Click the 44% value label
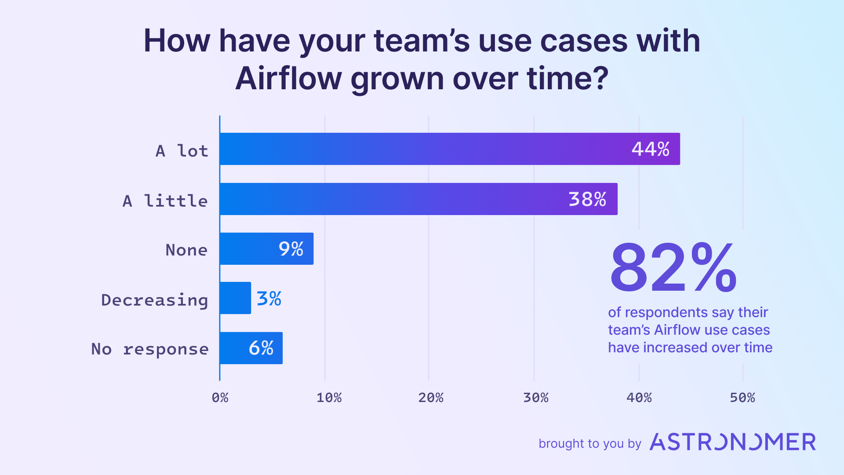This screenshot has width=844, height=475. [x=650, y=149]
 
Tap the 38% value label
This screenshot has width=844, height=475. [x=587, y=199]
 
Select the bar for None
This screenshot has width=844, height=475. [x=266, y=249]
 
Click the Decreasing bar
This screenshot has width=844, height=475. [x=235, y=298]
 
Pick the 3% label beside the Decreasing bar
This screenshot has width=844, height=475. [x=269, y=299]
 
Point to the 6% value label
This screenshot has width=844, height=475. [x=261, y=348]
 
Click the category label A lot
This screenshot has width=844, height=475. [x=182, y=151]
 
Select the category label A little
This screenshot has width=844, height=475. [x=165, y=201]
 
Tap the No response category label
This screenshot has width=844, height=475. [x=149, y=349]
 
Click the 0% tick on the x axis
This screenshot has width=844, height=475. [x=220, y=398]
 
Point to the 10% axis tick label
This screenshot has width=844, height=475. [x=329, y=398]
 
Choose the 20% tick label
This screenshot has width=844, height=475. [x=430, y=398]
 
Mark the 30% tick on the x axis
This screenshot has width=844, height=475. [x=535, y=398]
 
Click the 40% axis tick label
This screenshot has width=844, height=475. [x=639, y=398]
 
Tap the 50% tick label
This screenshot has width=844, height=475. [x=742, y=398]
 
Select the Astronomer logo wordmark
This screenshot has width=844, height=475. [x=732, y=442]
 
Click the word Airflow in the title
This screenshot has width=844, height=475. [x=288, y=78]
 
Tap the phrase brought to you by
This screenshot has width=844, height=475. [x=589, y=443]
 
